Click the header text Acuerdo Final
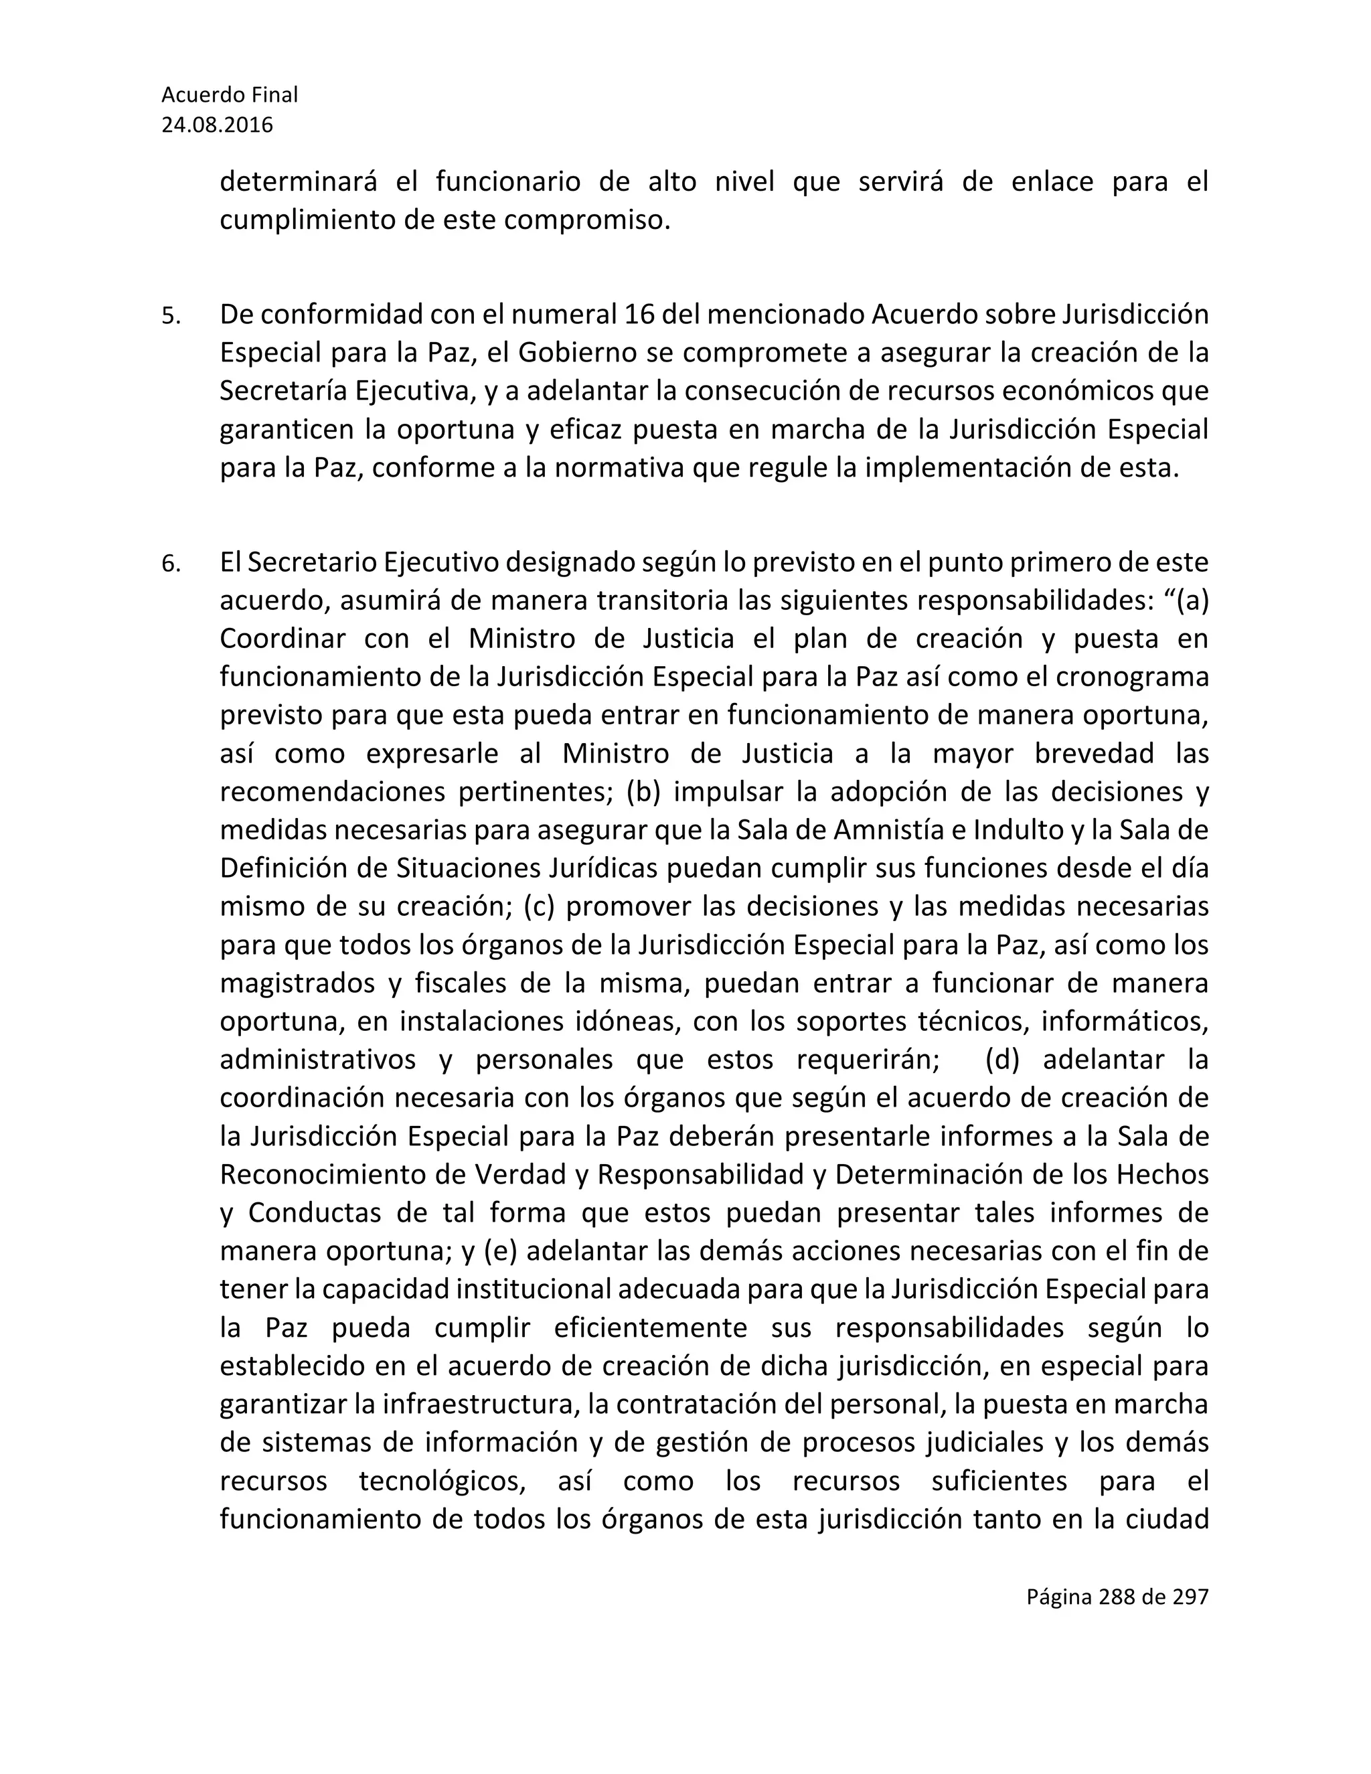[x=229, y=95]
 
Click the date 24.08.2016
[x=217, y=125]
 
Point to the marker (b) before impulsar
[x=644, y=791]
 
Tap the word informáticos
[x=1125, y=1021]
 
